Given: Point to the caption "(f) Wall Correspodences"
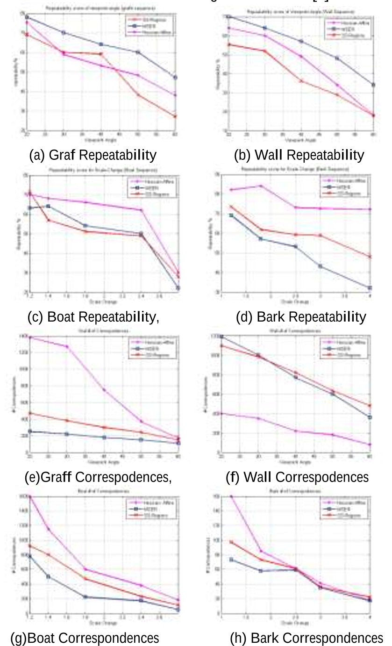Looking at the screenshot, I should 297,477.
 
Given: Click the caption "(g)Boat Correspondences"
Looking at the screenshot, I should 85,638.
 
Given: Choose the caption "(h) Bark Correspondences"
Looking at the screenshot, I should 306,638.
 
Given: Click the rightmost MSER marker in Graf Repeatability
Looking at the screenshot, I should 175,78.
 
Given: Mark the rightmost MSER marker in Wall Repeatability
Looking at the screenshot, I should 373,85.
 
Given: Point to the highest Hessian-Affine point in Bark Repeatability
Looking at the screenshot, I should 261,186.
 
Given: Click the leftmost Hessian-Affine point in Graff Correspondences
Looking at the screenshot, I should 29,337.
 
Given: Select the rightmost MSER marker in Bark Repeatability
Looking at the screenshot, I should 370,288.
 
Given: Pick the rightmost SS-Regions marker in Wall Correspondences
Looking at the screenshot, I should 370,406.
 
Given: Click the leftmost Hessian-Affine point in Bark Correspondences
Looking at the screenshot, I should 231,496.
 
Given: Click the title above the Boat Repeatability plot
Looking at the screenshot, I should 101,165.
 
